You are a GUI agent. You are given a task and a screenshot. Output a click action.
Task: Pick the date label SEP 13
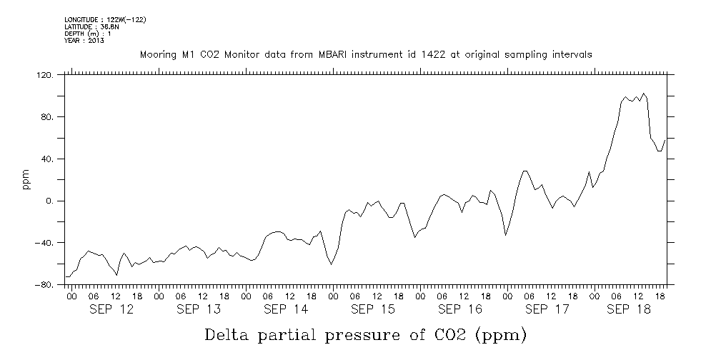198,309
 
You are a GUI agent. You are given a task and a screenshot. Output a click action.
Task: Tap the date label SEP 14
285,309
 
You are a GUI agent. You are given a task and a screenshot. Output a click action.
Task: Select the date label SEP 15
372,309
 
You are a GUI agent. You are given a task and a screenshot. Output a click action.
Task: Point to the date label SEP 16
459,309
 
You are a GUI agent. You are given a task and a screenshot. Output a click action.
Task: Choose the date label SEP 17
547,309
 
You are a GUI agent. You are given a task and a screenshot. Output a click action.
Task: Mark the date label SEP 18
628,309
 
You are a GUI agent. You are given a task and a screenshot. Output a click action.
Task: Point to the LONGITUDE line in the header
105,19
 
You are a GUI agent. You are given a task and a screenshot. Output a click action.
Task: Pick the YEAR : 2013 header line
84,41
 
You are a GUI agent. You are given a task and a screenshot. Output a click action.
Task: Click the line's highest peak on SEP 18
644,93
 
